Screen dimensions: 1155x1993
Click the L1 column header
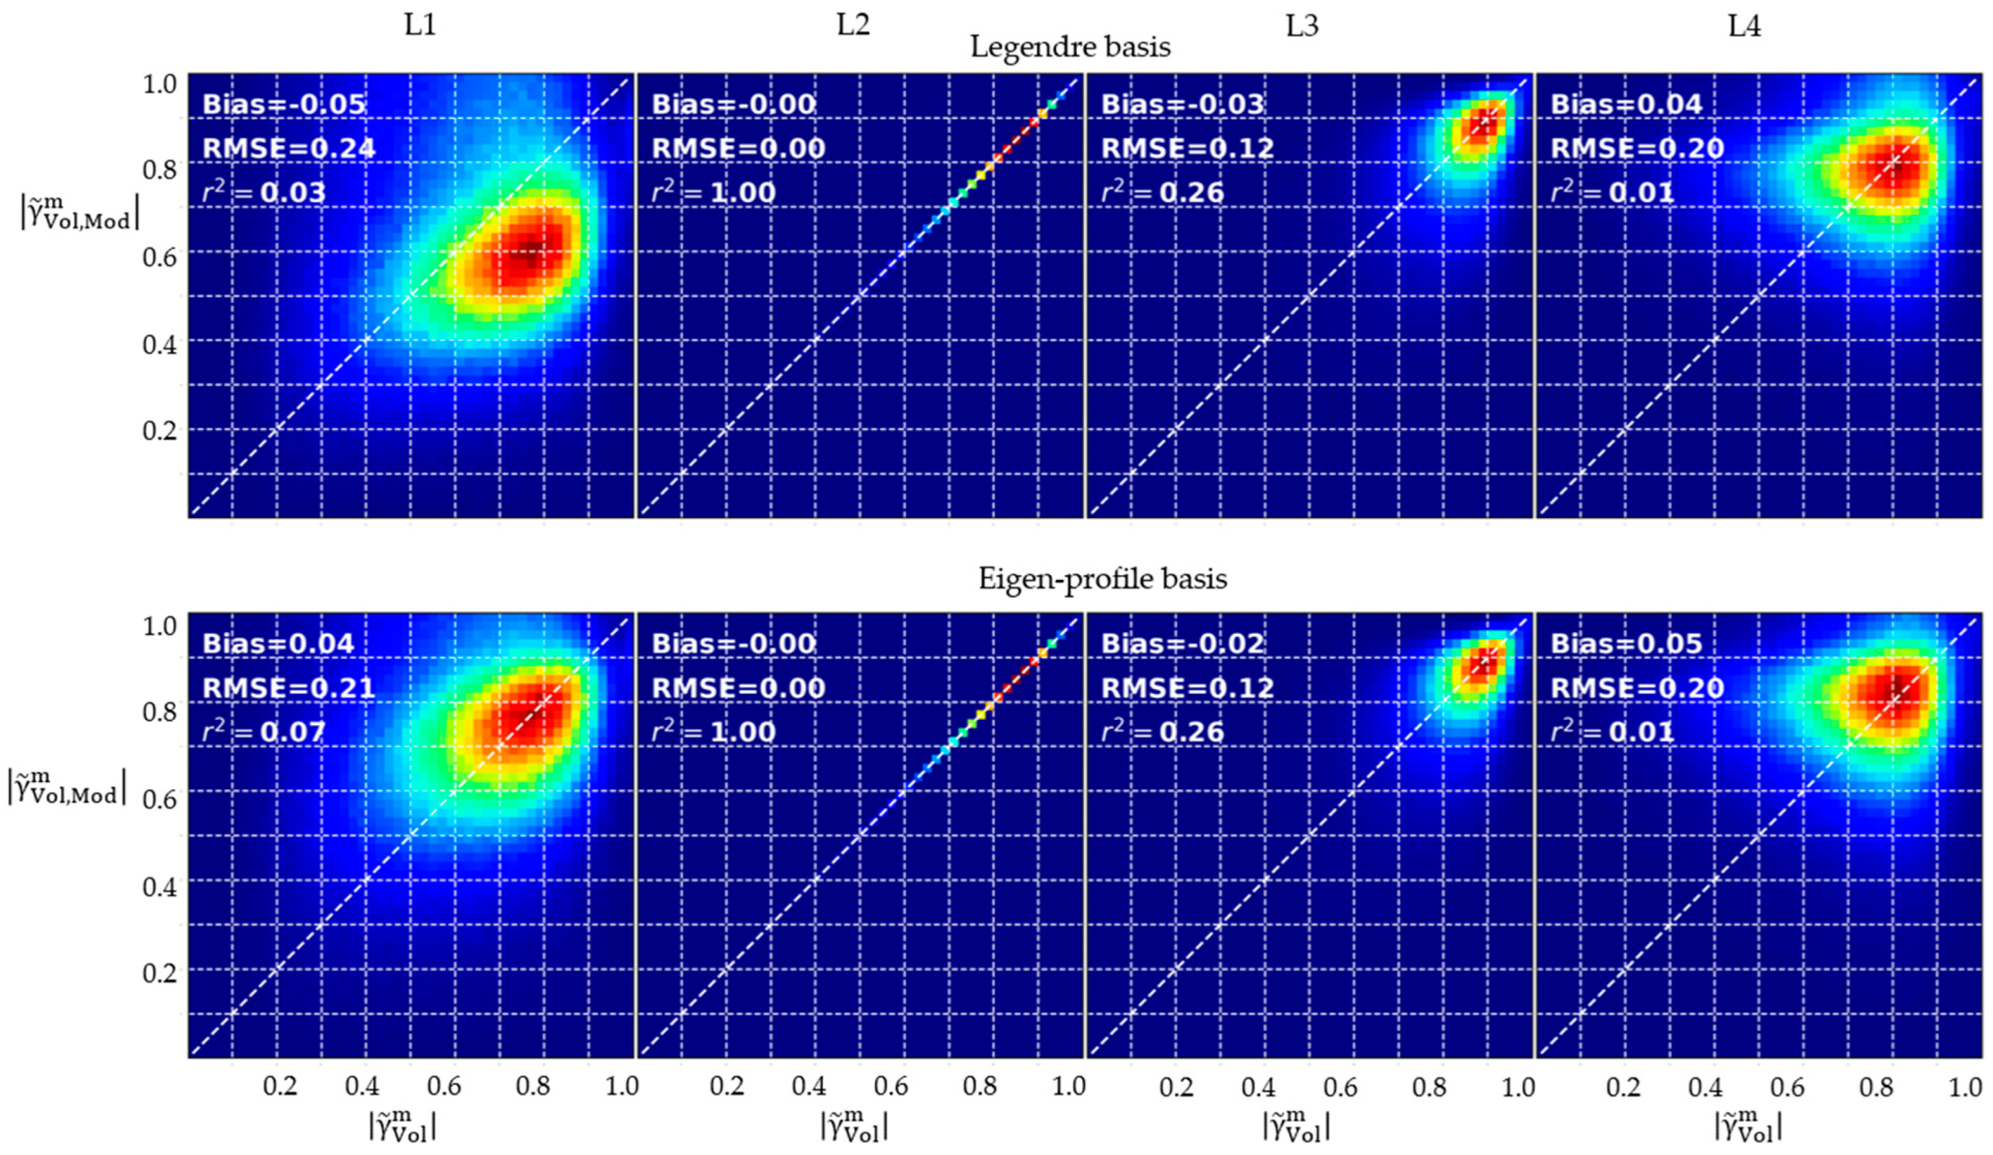[x=420, y=26]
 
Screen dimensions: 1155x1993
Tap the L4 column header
[x=1743, y=26]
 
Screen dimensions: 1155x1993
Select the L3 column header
[x=1301, y=26]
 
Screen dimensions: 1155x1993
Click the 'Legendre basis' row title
[x=1070, y=47]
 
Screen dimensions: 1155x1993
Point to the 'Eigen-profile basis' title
[x=1103, y=579]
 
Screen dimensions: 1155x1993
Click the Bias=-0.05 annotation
[x=284, y=104]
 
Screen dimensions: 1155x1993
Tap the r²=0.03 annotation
[x=264, y=192]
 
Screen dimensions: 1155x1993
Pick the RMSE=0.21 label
[x=289, y=688]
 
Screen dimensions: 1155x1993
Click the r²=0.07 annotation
[x=264, y=732]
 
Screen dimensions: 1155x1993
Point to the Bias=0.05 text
[x=1626, y=644]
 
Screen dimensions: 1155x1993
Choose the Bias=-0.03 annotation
[x=1182, y=104]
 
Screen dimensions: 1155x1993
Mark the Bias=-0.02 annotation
[x=1182, y=644]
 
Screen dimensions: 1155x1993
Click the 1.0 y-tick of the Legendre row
[x=159, y=84]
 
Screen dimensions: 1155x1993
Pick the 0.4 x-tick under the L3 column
[x=1257, y=1086]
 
